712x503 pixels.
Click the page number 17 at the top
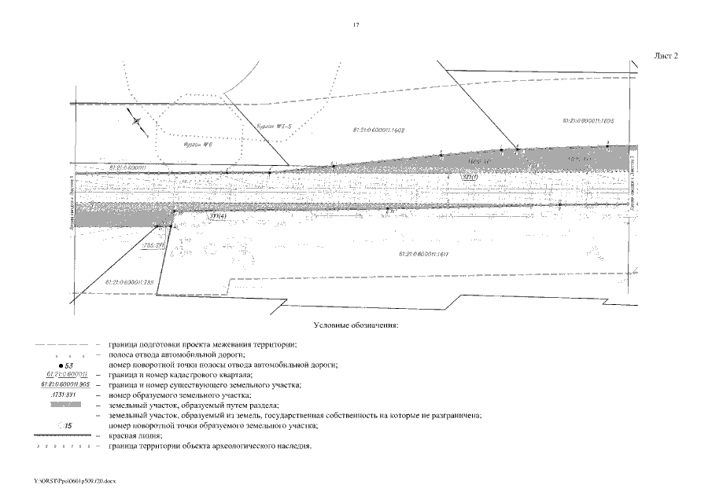coord(356,26)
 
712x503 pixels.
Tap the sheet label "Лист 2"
coord(666,56)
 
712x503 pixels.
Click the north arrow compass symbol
coord(138,121)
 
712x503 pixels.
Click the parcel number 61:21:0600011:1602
coord(375,128)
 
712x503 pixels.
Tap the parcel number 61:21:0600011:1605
coord(593,121)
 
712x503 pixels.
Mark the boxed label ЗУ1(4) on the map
coord(218,216)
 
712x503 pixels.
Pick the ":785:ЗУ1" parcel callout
coord(152,245)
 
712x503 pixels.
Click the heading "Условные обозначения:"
coord(356,325)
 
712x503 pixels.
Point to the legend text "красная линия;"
coord(135,435)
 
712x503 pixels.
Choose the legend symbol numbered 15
coord(66,425)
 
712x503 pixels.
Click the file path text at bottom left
coord(75,479)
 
